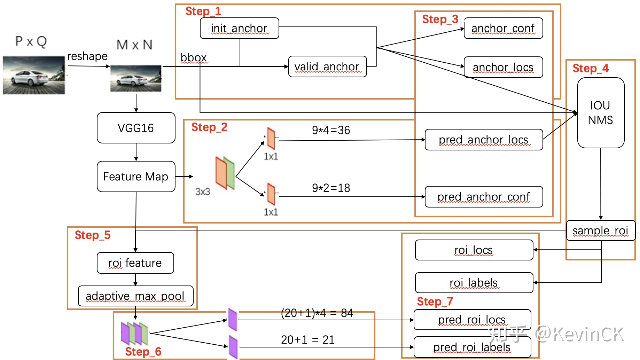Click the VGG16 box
tap(136, 128)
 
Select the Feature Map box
tap(136, 177)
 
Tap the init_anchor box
tap(240, 28)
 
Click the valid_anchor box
tap(328, 66)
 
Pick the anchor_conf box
tap(504, 28)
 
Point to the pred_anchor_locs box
tap(484, 140)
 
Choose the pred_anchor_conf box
tap(484, 197)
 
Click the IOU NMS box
tap(601, 113)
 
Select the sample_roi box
tap(601, 230)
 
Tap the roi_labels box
tap(474, 283)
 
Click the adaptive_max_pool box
tap(136, 296)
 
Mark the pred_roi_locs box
tap(473, 320)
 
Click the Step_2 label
tap(209, 127)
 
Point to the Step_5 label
tap(93, 235)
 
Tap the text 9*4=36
tap(331, 130)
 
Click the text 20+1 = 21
tap(308, 340)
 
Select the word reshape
tap(87, 56)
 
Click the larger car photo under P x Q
tap(34, 75)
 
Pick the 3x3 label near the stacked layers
tap(203, 192)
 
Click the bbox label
tap(194, 58)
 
